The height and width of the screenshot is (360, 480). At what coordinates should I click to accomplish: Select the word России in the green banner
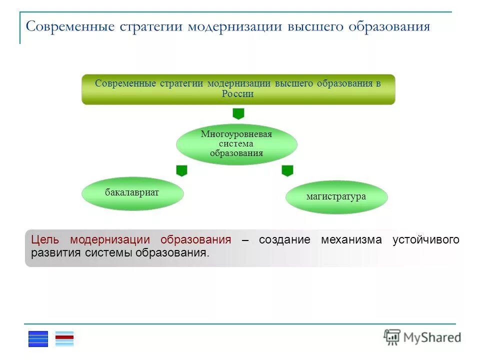tap(238, 94)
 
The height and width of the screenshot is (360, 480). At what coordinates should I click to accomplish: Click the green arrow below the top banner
tap(238, 113)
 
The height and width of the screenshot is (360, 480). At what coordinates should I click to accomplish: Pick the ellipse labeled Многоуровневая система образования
tap(236, 144)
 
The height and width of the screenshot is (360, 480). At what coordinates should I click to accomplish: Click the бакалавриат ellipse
tap(132, 193)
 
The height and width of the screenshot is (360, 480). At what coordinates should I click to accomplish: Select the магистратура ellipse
tap(336, 197)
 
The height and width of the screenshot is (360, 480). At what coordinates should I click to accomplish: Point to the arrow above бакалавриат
tap(181, 170)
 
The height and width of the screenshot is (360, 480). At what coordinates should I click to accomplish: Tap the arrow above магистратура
tap(287, 170)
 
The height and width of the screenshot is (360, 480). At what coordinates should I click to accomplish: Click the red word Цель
tap(45, 239)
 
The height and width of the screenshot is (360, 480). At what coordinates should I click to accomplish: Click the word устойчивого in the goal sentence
tap(425, 239)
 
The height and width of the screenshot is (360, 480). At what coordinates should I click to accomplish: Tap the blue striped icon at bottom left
tap(38, 339)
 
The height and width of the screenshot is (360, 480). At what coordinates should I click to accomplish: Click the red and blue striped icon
tap(64, 339)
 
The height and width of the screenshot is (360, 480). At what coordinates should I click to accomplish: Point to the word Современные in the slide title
tap(70, 26)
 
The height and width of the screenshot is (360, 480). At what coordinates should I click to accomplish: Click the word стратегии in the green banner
tap(181, 83)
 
